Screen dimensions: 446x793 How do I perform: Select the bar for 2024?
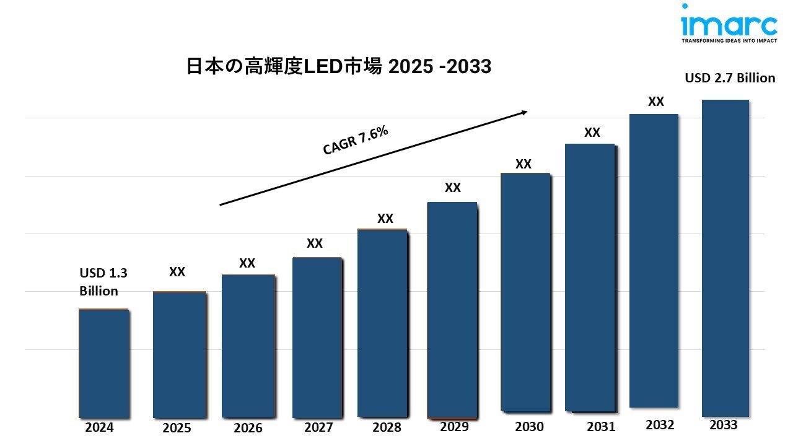tap(103, 363)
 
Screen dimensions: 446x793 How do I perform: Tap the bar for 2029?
tap(452, 310)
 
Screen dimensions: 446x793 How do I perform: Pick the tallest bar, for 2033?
tap(725, 258)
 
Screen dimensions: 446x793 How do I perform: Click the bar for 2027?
tap(317, 338)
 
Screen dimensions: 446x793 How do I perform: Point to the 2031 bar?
tap(589, 277)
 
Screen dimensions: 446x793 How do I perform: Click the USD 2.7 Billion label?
tap(730, 78)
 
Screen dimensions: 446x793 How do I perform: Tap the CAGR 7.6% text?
tap(356, 140)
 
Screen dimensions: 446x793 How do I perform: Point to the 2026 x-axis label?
tap(248, 428)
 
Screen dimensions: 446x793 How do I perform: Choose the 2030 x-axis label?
tap(529, 427)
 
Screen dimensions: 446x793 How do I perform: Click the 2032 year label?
tap(660, 425)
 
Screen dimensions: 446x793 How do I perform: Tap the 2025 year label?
tap(177, 428)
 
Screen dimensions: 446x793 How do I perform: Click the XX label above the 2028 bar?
tap(385, 219)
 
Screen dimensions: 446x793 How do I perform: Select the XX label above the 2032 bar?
tap(656, 102)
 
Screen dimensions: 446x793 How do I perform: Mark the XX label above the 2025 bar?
tap(177, 272)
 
